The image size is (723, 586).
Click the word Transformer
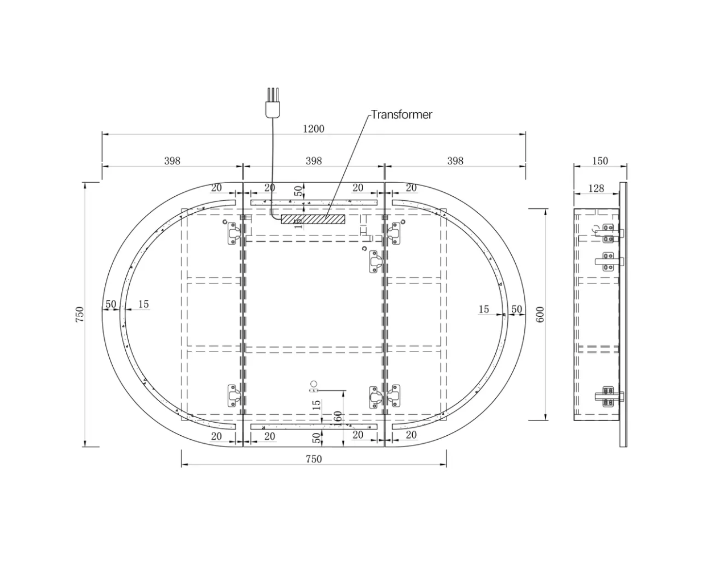point(401,114)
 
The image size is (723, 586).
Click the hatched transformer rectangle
point(313,219)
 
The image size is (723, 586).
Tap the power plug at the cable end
point(273,103)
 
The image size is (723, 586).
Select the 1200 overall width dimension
point(313,129)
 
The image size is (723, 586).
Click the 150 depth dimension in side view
point(600,161)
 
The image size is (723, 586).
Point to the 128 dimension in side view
point(596,188)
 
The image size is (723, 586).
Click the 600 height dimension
point(540,315)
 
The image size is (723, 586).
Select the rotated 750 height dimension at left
point(79,315)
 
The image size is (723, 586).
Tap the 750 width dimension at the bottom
point(313,459)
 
